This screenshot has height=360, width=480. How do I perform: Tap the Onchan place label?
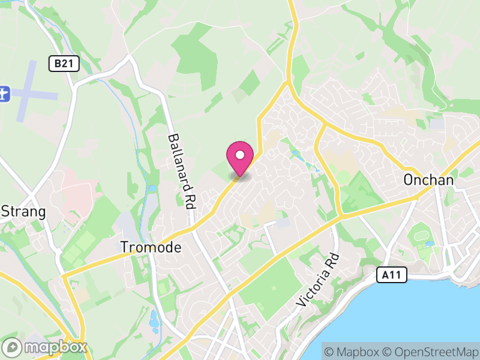[x=428, y=179]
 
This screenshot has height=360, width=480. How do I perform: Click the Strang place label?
[x=24, y=211]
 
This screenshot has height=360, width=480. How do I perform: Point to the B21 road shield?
[x=64, y=64]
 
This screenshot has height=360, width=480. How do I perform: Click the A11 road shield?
[x=392, y=275]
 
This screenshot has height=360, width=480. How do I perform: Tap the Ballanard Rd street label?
[x=182, y=171]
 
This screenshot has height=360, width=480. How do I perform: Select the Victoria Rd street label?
[x=319, y=281]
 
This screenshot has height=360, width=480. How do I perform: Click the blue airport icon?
[x=4, y=94]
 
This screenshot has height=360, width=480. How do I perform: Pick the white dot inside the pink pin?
[x=240, y=155]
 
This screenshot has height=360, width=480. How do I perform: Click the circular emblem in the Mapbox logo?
[x=13, y=347]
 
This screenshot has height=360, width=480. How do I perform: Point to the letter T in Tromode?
[x=124, y=247]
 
